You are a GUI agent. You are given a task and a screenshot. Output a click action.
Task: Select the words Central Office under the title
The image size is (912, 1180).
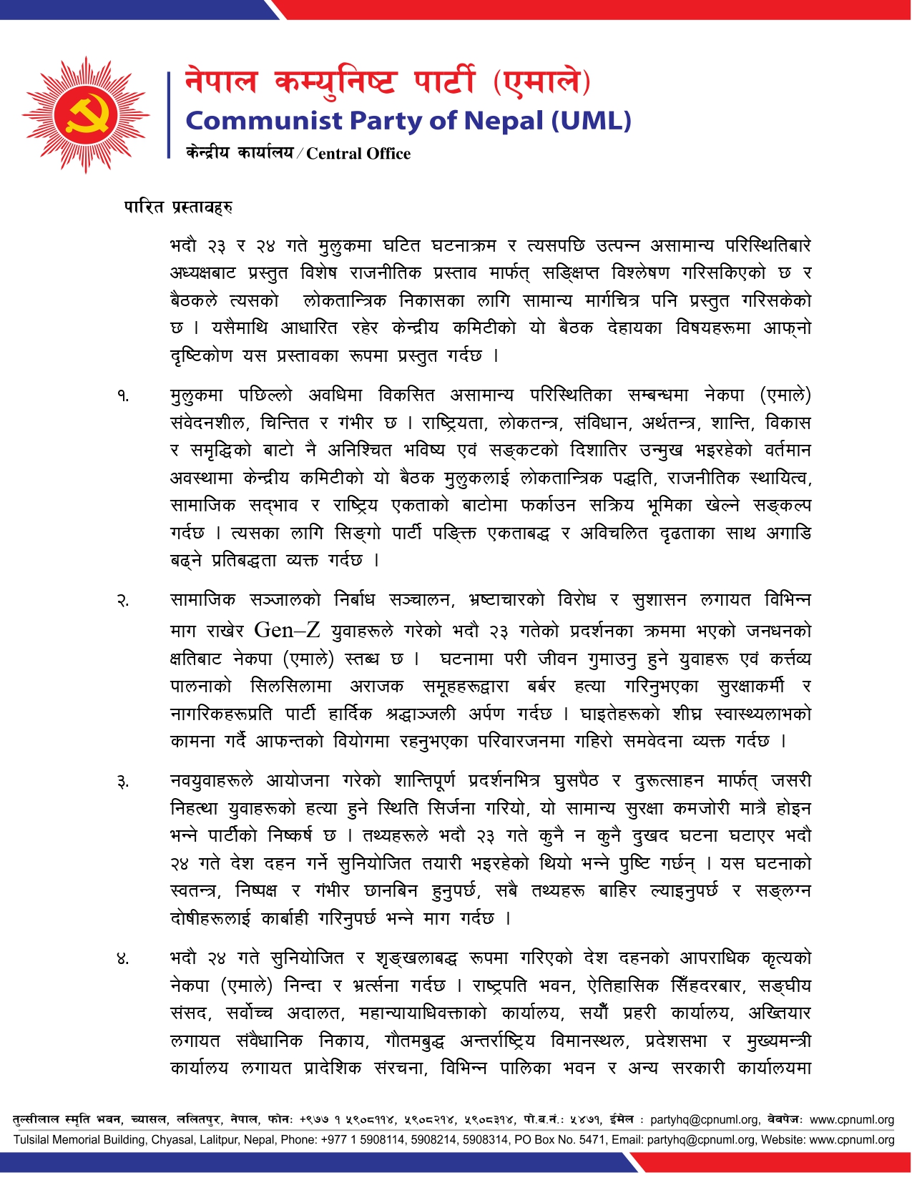point(358,154)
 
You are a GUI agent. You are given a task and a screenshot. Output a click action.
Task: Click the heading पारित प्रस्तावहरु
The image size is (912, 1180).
point(178,207)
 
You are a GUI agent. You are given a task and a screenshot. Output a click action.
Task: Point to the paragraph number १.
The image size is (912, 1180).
point(124,395)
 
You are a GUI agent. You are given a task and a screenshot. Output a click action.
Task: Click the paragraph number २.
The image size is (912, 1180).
point(124,601)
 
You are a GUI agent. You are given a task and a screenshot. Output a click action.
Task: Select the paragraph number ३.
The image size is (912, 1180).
point(124,782)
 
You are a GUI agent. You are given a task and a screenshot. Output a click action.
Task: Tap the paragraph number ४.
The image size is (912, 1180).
point(124,959)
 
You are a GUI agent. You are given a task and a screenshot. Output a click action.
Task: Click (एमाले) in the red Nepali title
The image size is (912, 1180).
point(541,82)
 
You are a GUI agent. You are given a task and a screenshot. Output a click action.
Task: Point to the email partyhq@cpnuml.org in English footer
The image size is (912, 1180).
point(701,1140)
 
